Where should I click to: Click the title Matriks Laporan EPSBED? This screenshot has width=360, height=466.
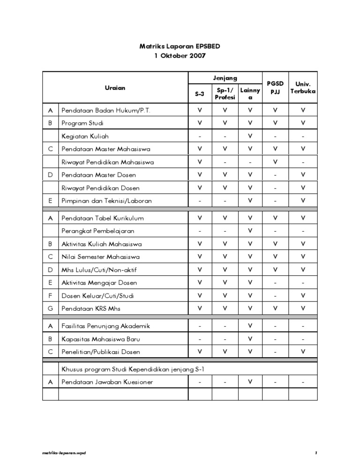(180, 46)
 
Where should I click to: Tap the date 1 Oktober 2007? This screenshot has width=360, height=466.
(180, 56)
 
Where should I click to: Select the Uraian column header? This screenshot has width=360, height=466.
(115, 88)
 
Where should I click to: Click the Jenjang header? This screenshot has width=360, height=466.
(225, 78)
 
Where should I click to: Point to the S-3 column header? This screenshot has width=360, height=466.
(200, 94)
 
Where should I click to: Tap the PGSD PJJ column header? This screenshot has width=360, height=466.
(275, 88)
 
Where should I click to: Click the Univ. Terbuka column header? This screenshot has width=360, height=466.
(303, 88)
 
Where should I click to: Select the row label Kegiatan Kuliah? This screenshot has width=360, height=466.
(85, 136)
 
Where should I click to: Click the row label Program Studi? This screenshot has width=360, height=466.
(82, 123)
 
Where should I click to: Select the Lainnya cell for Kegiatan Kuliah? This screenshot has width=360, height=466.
(250, 136)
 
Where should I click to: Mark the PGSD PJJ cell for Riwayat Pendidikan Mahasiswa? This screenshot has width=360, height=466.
(275, 162)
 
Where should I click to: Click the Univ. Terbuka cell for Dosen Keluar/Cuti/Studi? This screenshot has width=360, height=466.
(303, 295)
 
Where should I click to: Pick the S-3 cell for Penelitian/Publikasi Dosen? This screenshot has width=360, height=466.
(200, 352)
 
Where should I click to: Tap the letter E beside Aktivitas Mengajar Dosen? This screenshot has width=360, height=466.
(50, 283)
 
